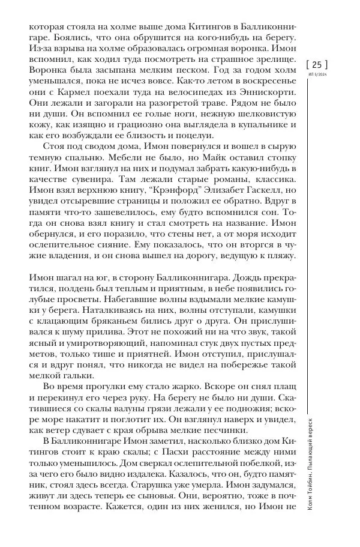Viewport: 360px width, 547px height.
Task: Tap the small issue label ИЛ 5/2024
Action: tap(318, 74)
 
